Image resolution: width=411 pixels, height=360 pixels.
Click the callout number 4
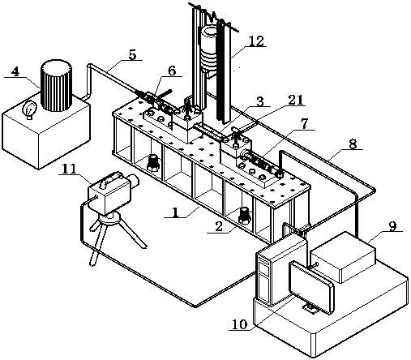15,72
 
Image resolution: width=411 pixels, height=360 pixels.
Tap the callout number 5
132,54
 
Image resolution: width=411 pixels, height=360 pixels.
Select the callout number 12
255,41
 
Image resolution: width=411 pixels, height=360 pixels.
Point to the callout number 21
295,101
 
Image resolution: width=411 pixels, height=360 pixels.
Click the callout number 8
353,144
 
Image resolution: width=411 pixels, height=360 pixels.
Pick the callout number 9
392,226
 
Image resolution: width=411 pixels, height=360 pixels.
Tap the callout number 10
240,324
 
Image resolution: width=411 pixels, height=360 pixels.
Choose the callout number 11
69,169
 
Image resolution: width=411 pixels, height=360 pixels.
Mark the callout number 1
175,212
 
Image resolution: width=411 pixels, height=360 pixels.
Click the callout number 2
218,226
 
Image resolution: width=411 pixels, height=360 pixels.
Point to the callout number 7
304,124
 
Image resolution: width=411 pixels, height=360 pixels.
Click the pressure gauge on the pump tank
29,109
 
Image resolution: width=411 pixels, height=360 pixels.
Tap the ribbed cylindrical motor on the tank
56,85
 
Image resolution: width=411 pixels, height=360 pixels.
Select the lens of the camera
133,181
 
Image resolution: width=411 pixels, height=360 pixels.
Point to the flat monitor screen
311,287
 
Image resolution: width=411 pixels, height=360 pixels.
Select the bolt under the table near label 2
245,215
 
